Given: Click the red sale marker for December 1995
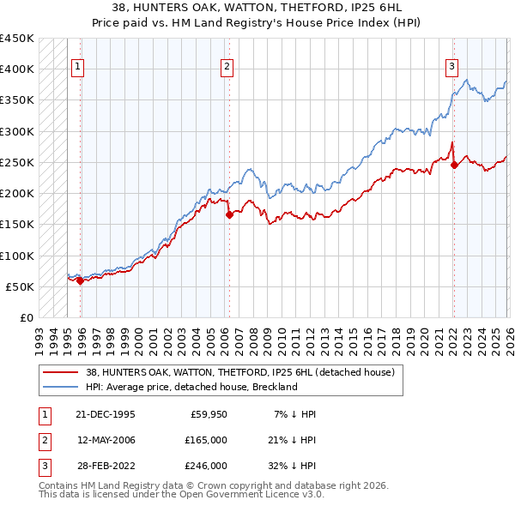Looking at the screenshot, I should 80,280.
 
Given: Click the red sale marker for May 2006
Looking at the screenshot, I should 229,215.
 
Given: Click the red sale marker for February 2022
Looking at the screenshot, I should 454,165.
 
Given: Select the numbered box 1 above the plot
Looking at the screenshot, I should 78,69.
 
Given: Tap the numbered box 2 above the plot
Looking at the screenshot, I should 227,69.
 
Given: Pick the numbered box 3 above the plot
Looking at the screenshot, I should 451,69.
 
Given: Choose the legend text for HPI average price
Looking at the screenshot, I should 191,387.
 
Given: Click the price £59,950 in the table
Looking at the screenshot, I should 209,414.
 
